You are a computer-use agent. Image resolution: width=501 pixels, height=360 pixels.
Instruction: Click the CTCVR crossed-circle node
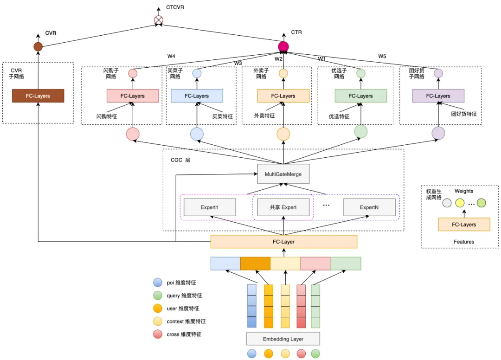[159, 20]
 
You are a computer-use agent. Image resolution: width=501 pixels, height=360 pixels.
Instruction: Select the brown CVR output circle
[38, 46]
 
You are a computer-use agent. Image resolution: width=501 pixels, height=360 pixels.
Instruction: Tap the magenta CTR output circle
[283, 46]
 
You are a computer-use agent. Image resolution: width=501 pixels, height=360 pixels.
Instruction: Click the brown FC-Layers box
[38, 96]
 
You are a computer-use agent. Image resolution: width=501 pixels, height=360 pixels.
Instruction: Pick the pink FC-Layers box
[133, 96]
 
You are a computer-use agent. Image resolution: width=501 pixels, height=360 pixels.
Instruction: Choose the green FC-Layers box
[360, 96]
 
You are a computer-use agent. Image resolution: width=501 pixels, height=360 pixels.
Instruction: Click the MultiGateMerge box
[283, 174]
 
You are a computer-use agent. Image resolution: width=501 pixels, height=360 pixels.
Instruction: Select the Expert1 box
[210, 207]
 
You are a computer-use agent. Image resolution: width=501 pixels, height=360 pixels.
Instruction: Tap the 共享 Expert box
[283, 207]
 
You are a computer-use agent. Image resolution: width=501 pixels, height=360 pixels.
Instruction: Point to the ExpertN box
[369, 207]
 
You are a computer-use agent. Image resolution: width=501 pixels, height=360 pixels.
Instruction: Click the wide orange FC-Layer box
[283, 242]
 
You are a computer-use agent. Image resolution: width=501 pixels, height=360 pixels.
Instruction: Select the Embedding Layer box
[283, 339]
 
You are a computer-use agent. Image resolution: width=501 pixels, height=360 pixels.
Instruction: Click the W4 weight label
[171, 57]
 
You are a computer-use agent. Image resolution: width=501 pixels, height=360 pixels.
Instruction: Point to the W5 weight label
[382, 56]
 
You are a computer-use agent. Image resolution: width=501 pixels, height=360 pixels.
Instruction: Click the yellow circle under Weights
[460, 203]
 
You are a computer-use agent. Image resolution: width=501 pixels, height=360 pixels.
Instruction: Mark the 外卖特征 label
[264, 116]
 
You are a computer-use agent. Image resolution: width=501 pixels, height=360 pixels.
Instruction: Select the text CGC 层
[180, 160]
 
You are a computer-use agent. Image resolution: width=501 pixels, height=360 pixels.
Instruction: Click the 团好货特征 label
[464, 114]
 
